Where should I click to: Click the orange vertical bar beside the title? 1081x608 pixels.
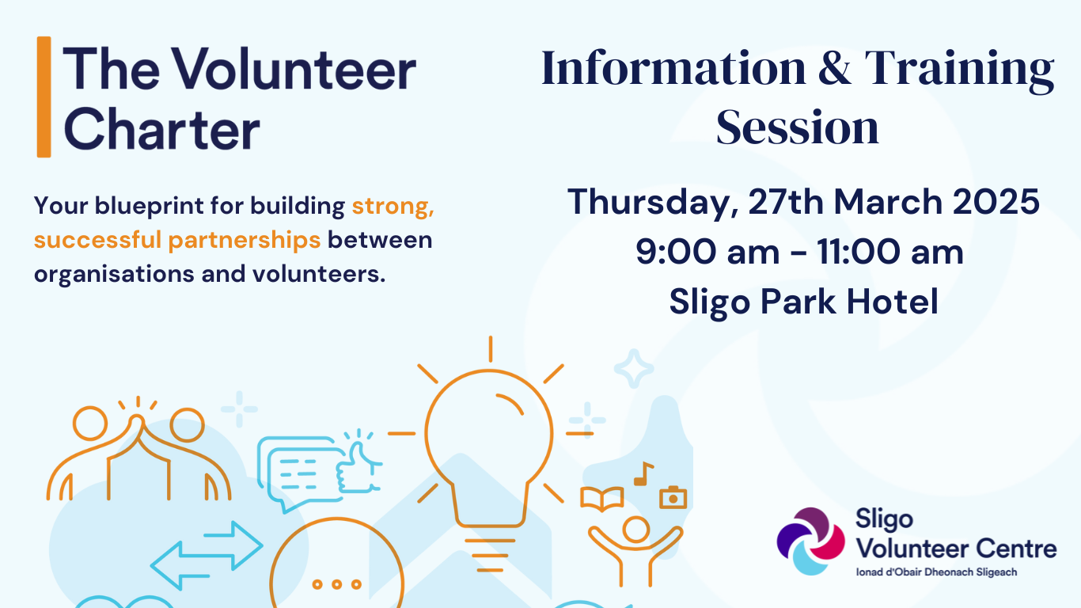[x=44, y=97]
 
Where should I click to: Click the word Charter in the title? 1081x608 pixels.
[x=161, y=129]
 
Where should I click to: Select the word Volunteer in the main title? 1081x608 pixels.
[x=294, y=69]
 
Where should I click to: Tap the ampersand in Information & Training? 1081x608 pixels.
[x=834, y=68]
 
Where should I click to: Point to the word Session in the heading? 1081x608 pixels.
[x=797, y=127]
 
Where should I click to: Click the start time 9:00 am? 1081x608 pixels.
[x=707, y=252]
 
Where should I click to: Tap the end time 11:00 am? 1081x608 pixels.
[x=890, y=252]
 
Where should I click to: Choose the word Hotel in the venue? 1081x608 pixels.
[x=893, y=302]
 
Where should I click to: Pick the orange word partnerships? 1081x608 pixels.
[x=245, y=240]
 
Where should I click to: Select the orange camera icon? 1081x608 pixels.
[x=673, y=497]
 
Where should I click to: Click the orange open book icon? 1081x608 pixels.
[x=601, y=499]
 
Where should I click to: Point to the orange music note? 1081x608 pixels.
[x=643, y=473]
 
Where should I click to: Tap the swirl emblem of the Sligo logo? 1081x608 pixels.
[x=810, y=541]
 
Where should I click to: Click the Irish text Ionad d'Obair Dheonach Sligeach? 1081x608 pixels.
[x=936, y=572]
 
